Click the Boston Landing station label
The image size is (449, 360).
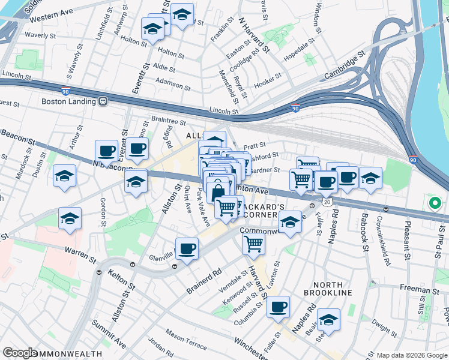point(69,101)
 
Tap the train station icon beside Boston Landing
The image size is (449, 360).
point(103,101)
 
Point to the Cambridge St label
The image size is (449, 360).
point(345,65)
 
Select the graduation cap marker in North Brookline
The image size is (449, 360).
point(328,320)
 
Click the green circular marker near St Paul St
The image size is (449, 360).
point(434,203)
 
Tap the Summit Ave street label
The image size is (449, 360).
point(108,334)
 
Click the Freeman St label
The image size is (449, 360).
point(419,289)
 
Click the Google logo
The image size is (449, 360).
point(20,353)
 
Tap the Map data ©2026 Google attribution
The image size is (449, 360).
point(411,355)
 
